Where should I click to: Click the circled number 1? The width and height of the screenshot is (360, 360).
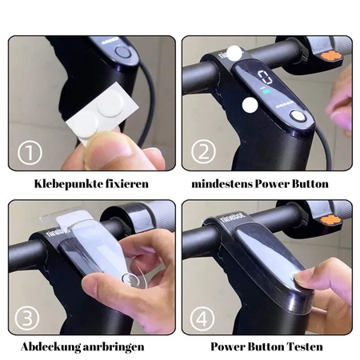click(30, 153)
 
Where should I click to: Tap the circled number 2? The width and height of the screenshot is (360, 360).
click(203, 151)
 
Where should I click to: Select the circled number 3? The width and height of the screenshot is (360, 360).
click(27, 318)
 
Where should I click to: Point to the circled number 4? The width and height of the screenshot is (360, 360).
click(202, 318)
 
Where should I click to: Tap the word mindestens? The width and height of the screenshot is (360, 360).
click(222, 184)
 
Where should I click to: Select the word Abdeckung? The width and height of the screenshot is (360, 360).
click(50, 347)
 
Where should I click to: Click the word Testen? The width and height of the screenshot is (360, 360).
click(305, 346)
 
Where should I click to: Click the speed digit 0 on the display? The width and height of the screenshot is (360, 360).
click(265, 78)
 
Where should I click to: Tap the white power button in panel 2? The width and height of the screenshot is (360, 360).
click(297, 116)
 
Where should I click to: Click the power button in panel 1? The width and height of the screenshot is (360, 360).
click(122, 52)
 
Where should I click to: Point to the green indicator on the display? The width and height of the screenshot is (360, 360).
click(266, 91)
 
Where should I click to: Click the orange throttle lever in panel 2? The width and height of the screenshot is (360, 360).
click(331, 56)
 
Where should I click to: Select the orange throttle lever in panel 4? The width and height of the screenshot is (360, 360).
click(331, 220)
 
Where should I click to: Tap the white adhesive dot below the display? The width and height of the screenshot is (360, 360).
click(250, 105)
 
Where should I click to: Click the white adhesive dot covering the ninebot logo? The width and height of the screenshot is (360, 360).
click(234, 53)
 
